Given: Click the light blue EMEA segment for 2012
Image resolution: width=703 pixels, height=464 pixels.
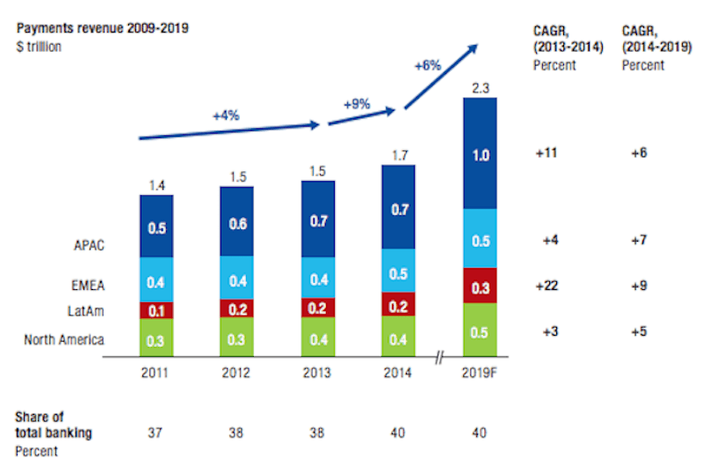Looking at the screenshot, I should [x=237, y=280].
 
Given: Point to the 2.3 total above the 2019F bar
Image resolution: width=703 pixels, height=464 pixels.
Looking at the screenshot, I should [x=479, y=87].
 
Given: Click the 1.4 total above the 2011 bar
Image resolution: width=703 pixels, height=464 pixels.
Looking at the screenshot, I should [x=156, y=185].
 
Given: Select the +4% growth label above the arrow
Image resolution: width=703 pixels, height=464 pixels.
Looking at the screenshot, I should [x=227, y=115].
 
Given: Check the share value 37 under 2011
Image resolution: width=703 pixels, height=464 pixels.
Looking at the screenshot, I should [x=156, y=431].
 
